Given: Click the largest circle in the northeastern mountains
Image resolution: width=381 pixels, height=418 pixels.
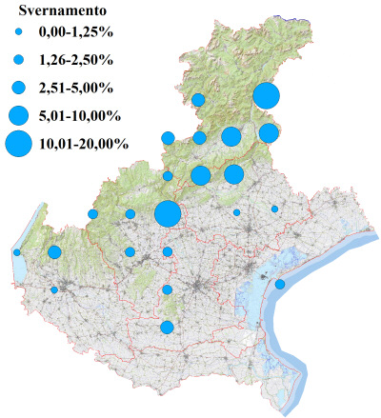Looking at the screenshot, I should pyautogui.click(x=266, y=96).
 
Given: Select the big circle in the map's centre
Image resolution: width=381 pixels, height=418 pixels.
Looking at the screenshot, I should pyautogui.click(x=167, y=214).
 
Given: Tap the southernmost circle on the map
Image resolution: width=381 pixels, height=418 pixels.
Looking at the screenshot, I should pyautogui.click(x=167, y=328).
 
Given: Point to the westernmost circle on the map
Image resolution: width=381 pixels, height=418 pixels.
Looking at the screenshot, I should pyautogui.click(x=17, y=252).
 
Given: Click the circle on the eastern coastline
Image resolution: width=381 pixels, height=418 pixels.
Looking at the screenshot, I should pyautogui.click(x=280, y=284).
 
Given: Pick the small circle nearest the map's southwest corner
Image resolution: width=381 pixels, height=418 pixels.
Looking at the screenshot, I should pyautogui.click(x=54, y=289).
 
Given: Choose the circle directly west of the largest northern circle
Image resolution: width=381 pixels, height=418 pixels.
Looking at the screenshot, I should pyautogui.click(x=198, y=100).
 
